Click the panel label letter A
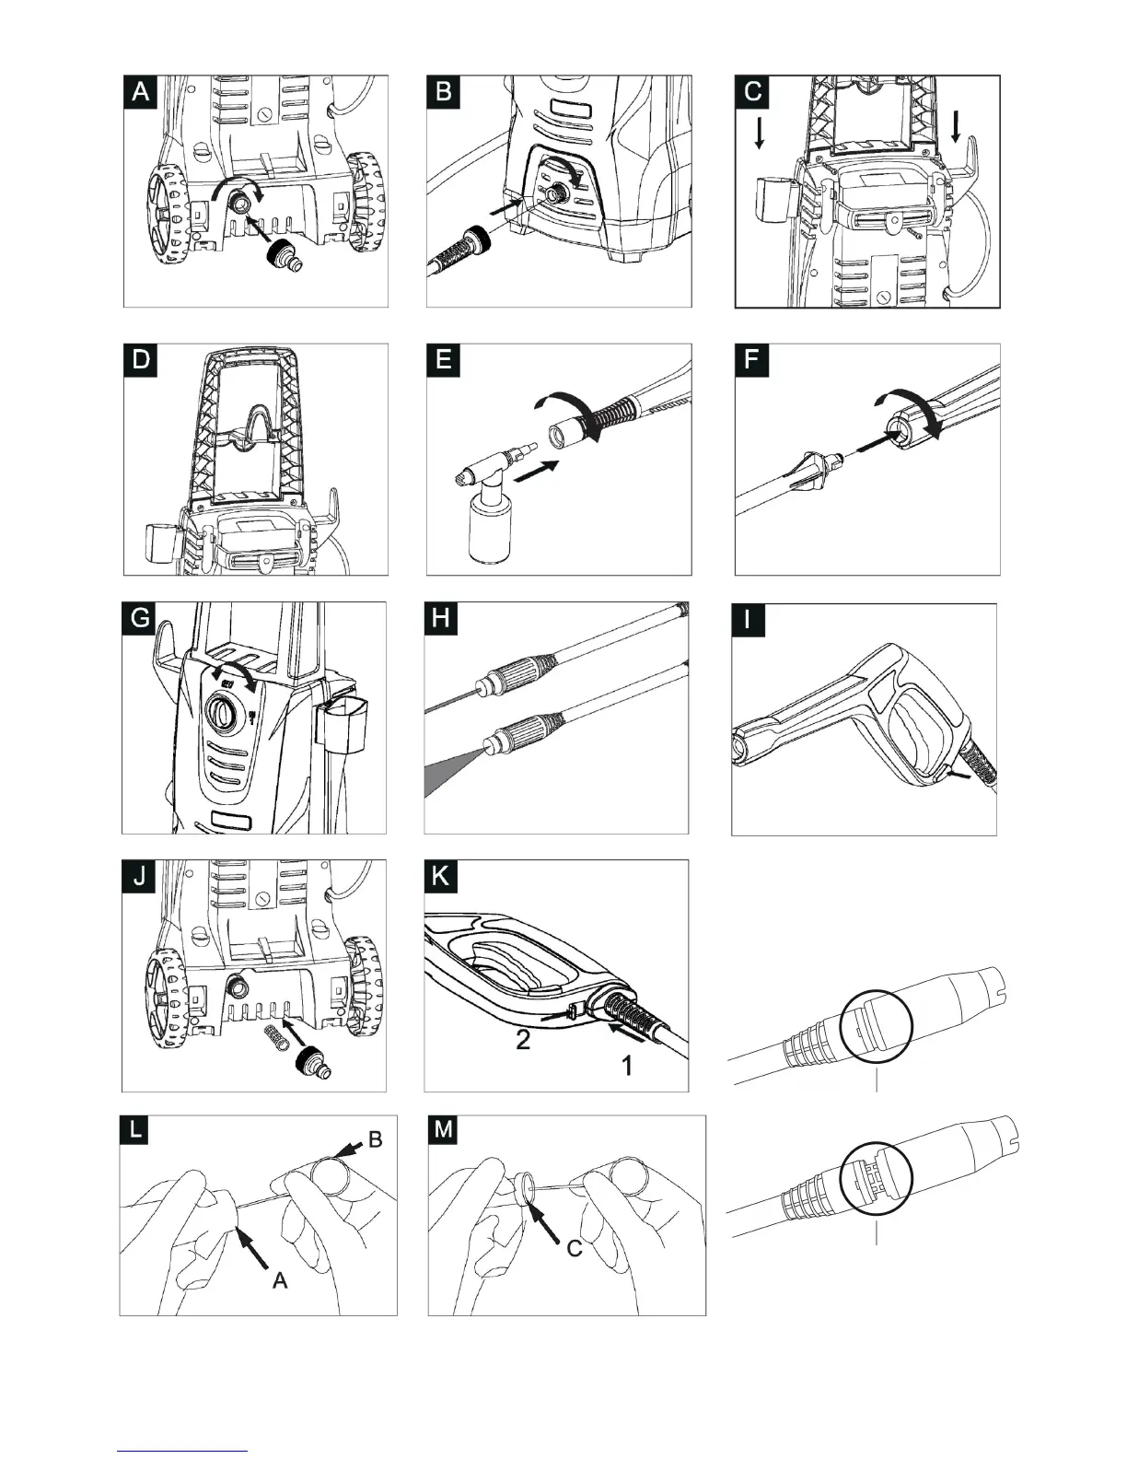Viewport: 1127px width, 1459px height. [142, 92]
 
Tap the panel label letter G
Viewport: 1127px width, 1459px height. [140, 617]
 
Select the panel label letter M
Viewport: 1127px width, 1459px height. [443, 1130]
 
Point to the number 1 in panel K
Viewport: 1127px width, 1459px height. [626, 1067]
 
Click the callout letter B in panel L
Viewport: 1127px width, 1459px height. [376, 1139]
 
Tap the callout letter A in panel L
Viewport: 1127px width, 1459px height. [280, 1279]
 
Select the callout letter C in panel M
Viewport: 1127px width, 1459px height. [575, 1249]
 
